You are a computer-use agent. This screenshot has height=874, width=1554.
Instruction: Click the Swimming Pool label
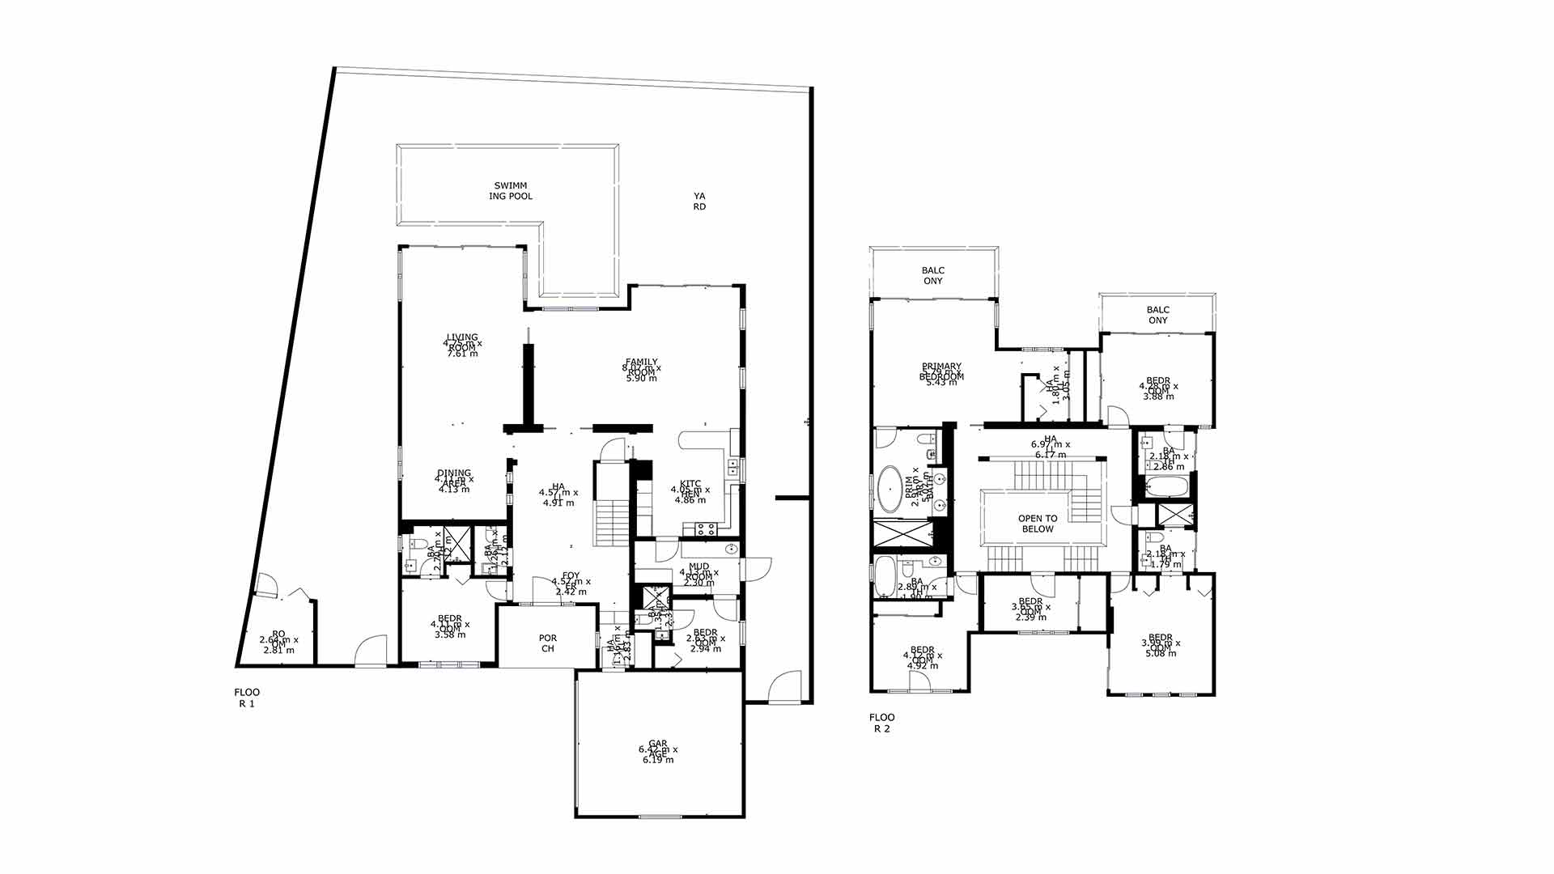510,191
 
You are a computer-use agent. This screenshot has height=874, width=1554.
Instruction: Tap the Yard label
699,202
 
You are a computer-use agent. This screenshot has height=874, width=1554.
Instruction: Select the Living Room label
462,342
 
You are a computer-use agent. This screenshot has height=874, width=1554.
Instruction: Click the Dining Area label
454,478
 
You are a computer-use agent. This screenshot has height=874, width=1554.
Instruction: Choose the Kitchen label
690,490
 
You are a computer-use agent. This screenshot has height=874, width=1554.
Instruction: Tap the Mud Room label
698,572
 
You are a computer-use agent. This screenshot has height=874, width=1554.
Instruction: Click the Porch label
548,643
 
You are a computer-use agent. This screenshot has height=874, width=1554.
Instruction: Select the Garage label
658,749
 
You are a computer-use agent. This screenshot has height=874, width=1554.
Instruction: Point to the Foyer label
571,581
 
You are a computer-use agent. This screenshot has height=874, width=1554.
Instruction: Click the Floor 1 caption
247,698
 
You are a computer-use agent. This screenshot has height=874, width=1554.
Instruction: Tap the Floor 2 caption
881,723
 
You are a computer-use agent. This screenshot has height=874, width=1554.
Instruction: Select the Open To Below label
1038,524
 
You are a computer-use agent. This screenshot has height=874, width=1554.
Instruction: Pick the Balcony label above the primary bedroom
933,276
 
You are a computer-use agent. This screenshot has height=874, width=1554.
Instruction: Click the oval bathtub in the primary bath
891,489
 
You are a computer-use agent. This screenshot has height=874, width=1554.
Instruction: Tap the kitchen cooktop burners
705,530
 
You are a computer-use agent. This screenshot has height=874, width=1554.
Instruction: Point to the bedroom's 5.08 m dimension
1161,653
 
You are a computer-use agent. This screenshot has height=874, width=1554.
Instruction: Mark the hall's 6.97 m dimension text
1051,444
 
